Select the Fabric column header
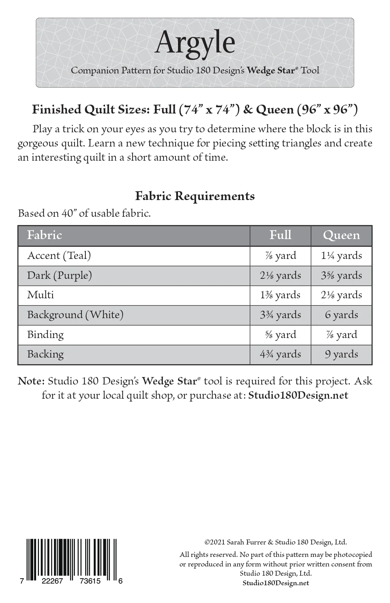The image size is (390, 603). point(45,235)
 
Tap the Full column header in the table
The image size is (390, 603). point(280,235)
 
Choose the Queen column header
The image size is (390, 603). point(341,235)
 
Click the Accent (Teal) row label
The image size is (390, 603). point(59,255)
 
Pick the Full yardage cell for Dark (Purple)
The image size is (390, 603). point(280,275)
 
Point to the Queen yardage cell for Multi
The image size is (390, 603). point(341,295)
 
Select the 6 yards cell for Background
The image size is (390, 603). point(341,315)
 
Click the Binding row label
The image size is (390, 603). point(45,334)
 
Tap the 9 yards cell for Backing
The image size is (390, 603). point(341,354)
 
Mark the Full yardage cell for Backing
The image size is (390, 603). point(280,354)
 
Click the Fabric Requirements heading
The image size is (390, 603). point(195,196)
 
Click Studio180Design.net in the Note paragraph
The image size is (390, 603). point(298,395)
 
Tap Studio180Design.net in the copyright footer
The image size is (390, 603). point(275,583)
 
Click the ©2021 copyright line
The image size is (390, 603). point(275,542)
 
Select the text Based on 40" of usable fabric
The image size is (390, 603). point(84,213)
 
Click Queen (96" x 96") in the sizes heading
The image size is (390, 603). point(307,110)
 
